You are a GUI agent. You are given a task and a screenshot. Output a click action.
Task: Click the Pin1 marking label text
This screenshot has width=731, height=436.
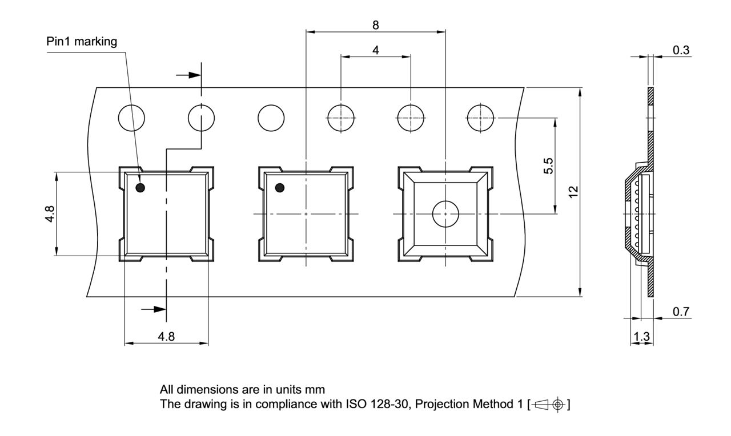tap(82, 42)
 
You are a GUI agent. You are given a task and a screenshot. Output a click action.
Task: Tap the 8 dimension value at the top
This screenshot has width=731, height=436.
tap(375, 25)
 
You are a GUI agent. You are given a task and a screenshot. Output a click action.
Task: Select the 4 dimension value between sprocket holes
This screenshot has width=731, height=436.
tap(375, 50)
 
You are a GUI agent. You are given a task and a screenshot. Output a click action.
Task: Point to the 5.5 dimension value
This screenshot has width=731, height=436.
tap(548, 166)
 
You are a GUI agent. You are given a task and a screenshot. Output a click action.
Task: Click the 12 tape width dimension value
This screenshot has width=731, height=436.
tap(574, 192)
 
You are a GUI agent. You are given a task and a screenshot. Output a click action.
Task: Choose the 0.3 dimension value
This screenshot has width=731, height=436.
tap(681, 50)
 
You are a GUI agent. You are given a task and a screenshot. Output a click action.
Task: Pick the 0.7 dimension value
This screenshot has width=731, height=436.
tap(681, 312)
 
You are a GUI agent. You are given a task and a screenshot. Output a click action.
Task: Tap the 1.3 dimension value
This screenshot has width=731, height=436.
tap(642, 337)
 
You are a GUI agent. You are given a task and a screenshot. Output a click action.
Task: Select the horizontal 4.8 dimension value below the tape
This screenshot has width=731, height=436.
tap(166, 337)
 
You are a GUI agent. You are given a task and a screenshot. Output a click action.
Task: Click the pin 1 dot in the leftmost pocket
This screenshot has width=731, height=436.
tap(140, 187)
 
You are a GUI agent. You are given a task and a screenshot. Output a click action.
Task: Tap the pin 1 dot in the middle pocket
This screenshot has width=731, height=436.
tap(280, 187)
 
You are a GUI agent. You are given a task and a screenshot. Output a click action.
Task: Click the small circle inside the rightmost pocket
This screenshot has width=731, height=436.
tap(445, 214)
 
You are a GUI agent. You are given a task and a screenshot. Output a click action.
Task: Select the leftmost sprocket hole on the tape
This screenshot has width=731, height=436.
tap(131, 119)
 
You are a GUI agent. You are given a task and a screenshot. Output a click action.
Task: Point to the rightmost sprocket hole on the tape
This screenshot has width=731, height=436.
tap(480, 119)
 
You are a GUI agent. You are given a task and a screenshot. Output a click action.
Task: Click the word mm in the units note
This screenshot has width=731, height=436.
tap(318, 390)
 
